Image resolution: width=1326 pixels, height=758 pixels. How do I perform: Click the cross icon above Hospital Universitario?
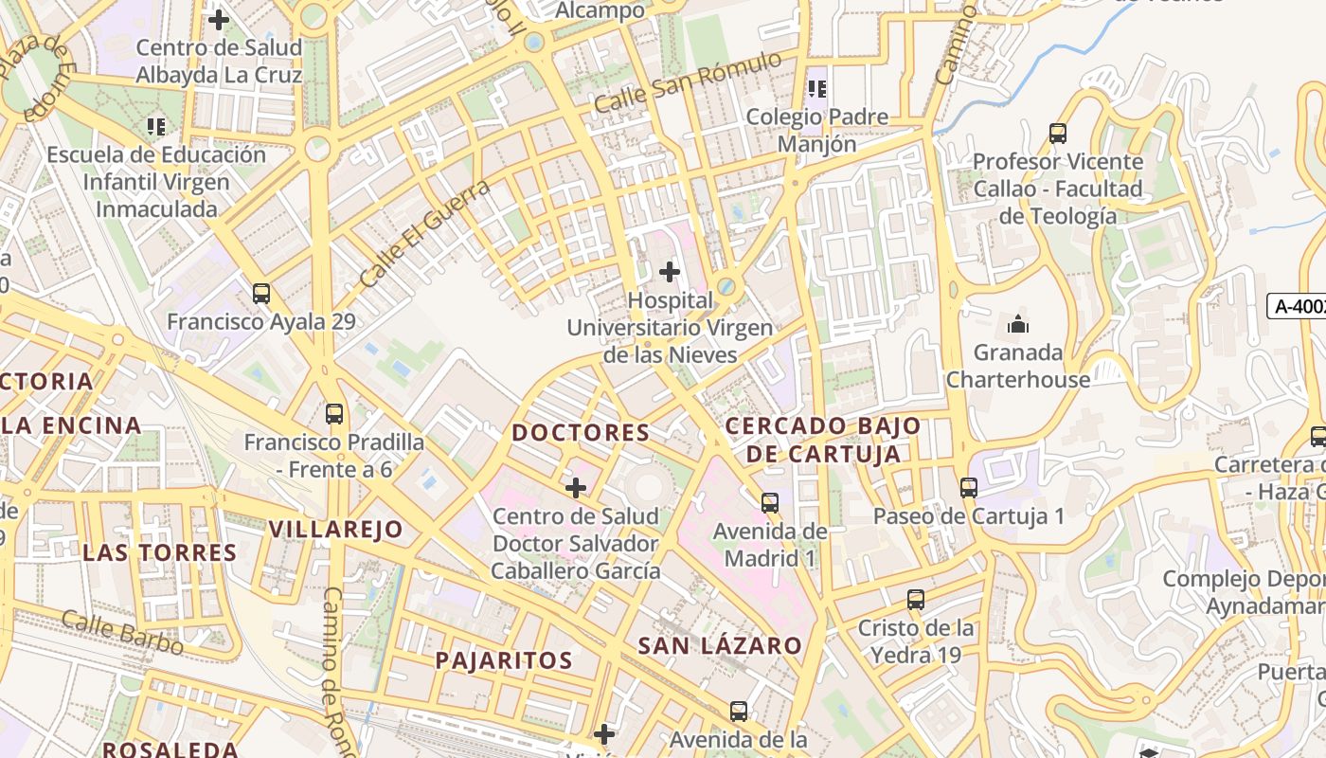(670, 272)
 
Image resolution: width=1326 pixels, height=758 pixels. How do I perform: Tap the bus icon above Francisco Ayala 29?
(261, 294)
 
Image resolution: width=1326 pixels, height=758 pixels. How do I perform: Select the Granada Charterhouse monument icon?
(1018, 325)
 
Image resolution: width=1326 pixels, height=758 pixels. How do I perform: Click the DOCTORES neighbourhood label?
(581, 433)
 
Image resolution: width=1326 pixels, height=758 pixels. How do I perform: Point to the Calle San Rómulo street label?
(689, 82)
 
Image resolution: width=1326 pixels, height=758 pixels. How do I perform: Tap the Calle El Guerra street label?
(425, 235)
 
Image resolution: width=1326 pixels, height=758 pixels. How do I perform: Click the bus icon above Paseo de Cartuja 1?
(968, 488)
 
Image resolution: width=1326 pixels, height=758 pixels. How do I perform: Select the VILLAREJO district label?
(336, 529)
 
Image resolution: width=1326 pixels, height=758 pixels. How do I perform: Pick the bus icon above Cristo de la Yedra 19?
(915, 600)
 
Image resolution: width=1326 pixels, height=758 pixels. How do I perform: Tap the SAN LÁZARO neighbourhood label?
(720, 646)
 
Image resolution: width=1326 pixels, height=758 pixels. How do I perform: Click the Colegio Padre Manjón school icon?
(817, 89)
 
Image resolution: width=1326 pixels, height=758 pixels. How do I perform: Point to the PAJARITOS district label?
(504, 660)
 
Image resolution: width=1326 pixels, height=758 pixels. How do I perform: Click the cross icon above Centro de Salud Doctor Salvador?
(575, 488)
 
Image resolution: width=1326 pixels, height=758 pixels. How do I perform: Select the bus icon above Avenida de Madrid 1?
(770, 503)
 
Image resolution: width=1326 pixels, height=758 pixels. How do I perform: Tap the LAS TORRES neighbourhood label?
(159, 552)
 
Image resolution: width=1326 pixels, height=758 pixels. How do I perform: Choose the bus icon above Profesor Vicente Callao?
(1058, 134)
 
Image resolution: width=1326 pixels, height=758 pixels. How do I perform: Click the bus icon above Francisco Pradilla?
(334, 414)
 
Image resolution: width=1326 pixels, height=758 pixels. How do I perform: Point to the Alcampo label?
(600, 10)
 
